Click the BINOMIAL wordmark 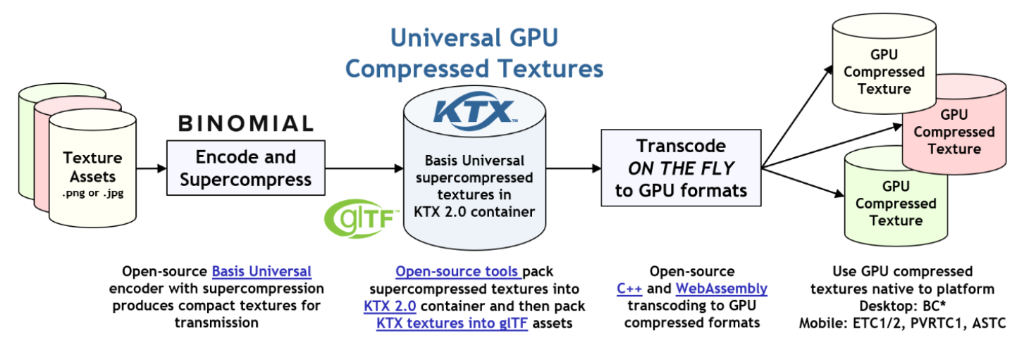coord(245,124)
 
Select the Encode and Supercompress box coord(245,168)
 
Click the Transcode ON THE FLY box coord(680,168)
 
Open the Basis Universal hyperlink coord(261,271)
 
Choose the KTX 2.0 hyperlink coord(390,306)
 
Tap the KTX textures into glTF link coord(452,323)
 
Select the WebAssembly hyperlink coord(721,289)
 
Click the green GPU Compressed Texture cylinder coord(895,204)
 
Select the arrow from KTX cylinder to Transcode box coord(573,168)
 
